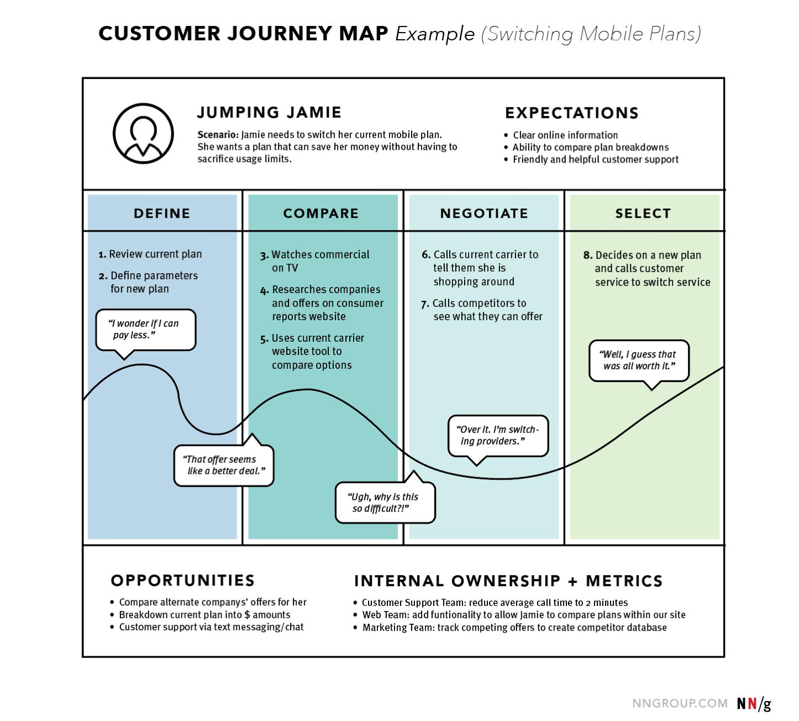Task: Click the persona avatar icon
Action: (143, 133)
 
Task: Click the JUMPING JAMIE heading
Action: (269, 112)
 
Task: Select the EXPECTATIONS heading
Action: (571, 113)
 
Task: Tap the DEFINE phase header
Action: (162, 213)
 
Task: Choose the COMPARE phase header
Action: (321, 213)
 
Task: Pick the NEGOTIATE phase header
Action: (484, 213)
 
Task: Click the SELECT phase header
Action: (643, 213)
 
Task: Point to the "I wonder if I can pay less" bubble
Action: (145, 330)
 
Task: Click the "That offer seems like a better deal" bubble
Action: (224, 465)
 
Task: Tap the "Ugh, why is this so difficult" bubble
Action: (385, 503)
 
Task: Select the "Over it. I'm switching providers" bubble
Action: (498, 435)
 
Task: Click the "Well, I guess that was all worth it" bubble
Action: (639, 360)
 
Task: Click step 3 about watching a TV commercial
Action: (315, 261)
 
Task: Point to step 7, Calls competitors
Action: (482, 310)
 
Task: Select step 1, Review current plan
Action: (150, 254)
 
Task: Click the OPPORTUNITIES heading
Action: (183, 581)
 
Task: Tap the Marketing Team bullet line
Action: (514, 628)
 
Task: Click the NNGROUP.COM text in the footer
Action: (680, 703)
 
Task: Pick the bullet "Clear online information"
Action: (565, 135)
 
